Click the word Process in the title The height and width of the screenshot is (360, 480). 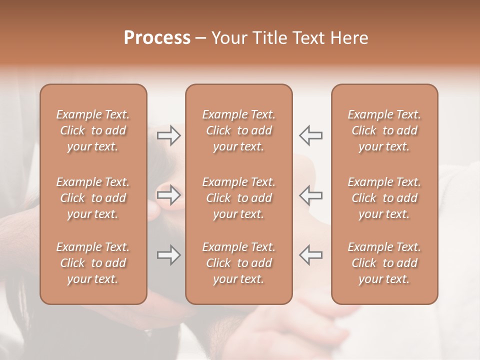tap(157, 38)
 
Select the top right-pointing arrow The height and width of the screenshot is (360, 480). tap(168, 135)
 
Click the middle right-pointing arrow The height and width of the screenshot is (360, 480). tap(168, 195)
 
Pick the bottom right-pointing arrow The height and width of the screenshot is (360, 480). tap(168, 255)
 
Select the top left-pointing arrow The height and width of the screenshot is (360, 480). tap(311, 135)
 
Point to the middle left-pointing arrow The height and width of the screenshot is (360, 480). tap(311, 195)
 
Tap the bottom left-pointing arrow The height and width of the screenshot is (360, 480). tap(311, 255)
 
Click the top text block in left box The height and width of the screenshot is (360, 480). tap(93, 130)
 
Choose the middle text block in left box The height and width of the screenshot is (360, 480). tap(93, 198)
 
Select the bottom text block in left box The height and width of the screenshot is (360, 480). tap(93, 263)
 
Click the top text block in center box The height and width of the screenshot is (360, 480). tap(238, 130)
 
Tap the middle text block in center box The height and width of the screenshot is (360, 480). tap(238, 198)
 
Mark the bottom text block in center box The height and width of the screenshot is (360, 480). tap(238, 263)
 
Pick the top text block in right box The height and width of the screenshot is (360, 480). tap(384, 130)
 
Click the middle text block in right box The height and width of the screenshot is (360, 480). tap(384, 198)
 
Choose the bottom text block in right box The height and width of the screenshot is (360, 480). tap(384, 263)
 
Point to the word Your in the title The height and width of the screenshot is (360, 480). tap(228, 38)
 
